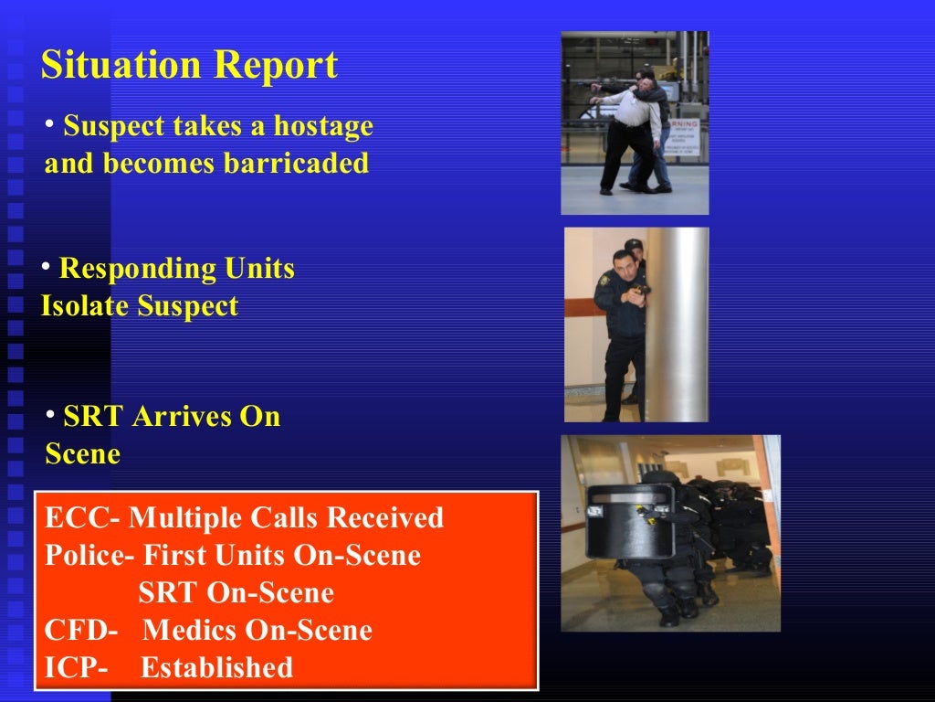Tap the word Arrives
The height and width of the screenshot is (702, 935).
pos(182,417)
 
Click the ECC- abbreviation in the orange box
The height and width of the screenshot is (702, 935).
pos(81,518)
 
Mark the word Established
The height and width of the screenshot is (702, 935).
pos(216,668)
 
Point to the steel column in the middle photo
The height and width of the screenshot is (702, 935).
pos(678,324)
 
